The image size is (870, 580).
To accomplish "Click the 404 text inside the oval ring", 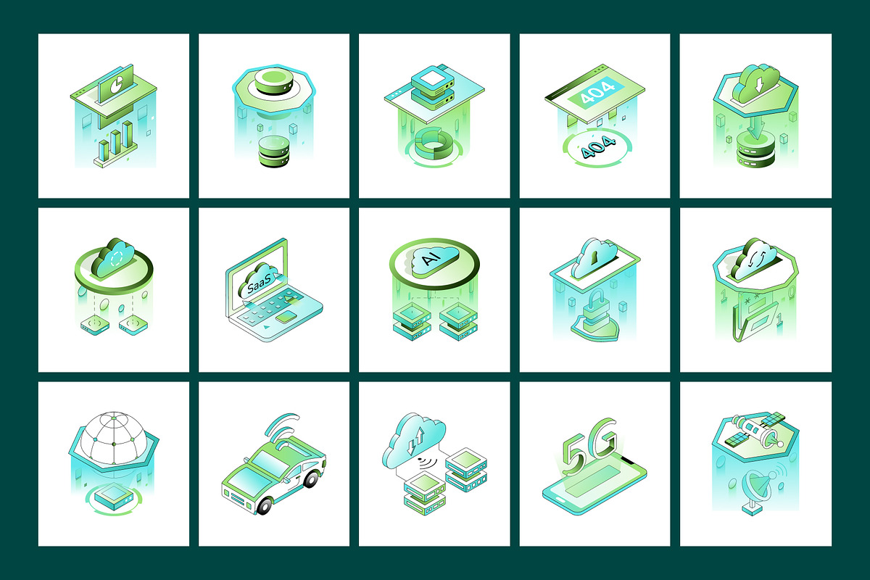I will (x=594, y=152).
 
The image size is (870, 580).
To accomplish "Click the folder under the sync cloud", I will (x=754, y=320).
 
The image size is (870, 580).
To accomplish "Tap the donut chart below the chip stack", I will (x=432, y=142).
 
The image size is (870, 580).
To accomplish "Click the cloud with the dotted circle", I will (x=113, y=257).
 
